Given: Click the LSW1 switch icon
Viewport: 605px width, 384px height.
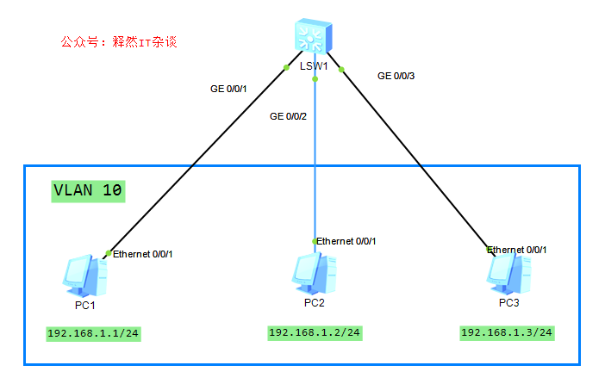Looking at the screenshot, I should (315, 35).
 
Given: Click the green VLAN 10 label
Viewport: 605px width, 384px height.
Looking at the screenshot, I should (87, 190).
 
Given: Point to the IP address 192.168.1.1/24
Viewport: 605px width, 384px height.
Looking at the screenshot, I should (92, 334).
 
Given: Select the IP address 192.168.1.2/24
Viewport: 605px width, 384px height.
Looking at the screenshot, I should (314, 332).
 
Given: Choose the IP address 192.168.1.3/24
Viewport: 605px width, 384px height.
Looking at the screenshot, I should (507, 332).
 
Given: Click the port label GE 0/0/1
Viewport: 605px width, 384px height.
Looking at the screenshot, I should (228, 88).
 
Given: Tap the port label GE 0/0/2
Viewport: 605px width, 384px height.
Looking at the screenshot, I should (288, 115).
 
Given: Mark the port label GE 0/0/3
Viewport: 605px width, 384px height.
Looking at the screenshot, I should (396, 76).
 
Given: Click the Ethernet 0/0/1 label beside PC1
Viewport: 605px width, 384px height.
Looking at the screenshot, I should (148, 254).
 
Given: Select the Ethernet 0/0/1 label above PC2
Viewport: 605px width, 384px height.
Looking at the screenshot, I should (346, 241).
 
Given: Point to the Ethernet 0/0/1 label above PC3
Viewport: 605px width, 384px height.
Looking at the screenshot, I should (517, 250).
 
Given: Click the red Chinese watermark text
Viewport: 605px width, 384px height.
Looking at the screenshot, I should (119, 41).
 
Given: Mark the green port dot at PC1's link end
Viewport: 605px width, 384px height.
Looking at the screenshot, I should (108, 252).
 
